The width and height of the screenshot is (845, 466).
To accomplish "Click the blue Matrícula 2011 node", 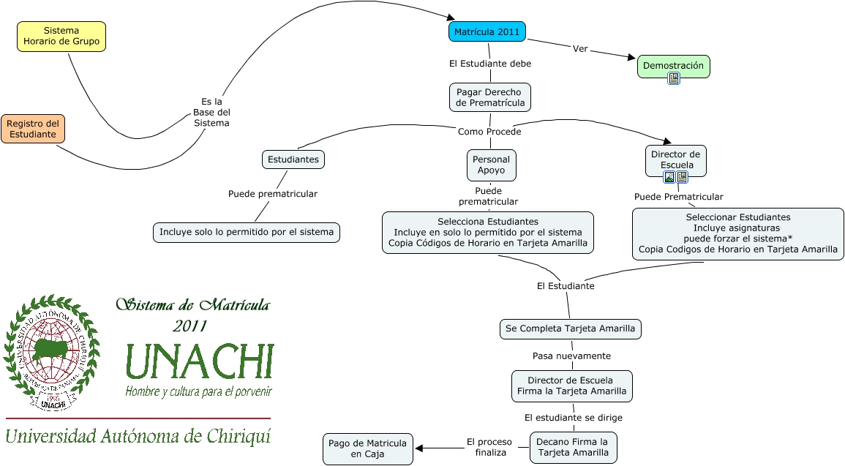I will (x=487, y=32).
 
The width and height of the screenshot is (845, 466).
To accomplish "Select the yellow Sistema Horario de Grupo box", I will (x=61, y=37).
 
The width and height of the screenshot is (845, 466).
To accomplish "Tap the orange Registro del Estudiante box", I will (x=32, y=129).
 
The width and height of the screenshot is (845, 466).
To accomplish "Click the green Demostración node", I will (x=673, y=66).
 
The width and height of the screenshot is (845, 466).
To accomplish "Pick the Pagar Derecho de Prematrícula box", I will (x=490, y=97).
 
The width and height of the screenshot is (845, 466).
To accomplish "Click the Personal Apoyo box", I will (x=491, y=165).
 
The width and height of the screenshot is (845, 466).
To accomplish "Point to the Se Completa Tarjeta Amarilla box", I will (x=570, y=329).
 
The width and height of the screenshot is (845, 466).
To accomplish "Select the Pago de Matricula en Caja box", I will (x=367, y=448).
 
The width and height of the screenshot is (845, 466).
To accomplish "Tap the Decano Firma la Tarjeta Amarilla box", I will (x=573, y=447).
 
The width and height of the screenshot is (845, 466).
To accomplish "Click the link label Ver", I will (x=580, y=49).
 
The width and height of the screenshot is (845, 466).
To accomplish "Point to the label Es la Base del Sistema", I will (x=211, y=112).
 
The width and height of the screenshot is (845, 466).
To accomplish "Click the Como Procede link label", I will (x=489, y=132).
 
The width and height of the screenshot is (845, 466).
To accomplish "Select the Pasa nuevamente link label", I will (x=571, y=356).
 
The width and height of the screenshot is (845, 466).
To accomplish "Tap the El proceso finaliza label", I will (x=490, y=447).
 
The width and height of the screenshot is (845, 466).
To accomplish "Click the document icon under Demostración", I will (x=674, y=78).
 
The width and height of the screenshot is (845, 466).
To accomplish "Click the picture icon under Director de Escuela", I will (x=669, y=177).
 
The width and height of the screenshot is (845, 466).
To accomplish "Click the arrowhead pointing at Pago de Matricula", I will (x=420, y=448).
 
